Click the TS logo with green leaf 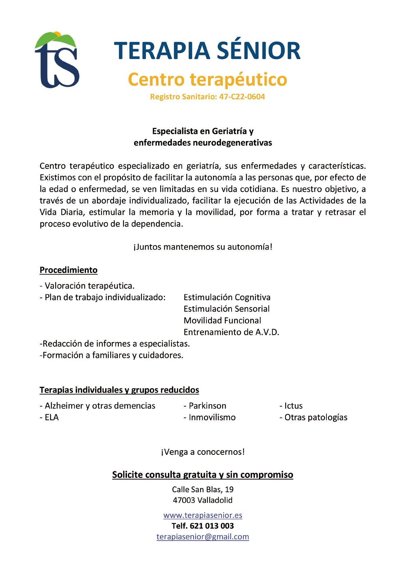[57, 60]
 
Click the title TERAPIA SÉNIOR [207, 51]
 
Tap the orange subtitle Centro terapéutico [207, 79]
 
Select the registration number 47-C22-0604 [242, 97]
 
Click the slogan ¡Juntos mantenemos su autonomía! [202, 247]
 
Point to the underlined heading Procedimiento [68, 270]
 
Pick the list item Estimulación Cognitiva [227, 297]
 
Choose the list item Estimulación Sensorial [227, 309]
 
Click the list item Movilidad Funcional [222, 320]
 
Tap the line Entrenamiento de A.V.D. [231, 332]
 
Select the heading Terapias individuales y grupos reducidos [119, 390]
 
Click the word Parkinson [207, 406]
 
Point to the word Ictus [293, 406]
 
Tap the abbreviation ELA [51, 417]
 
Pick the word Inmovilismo [212, 417]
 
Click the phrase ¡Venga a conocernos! [202, 452]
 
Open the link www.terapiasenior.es [202, 515]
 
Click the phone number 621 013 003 [212, 526]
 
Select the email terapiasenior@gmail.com [202, 537]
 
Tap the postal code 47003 [184, 500]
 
